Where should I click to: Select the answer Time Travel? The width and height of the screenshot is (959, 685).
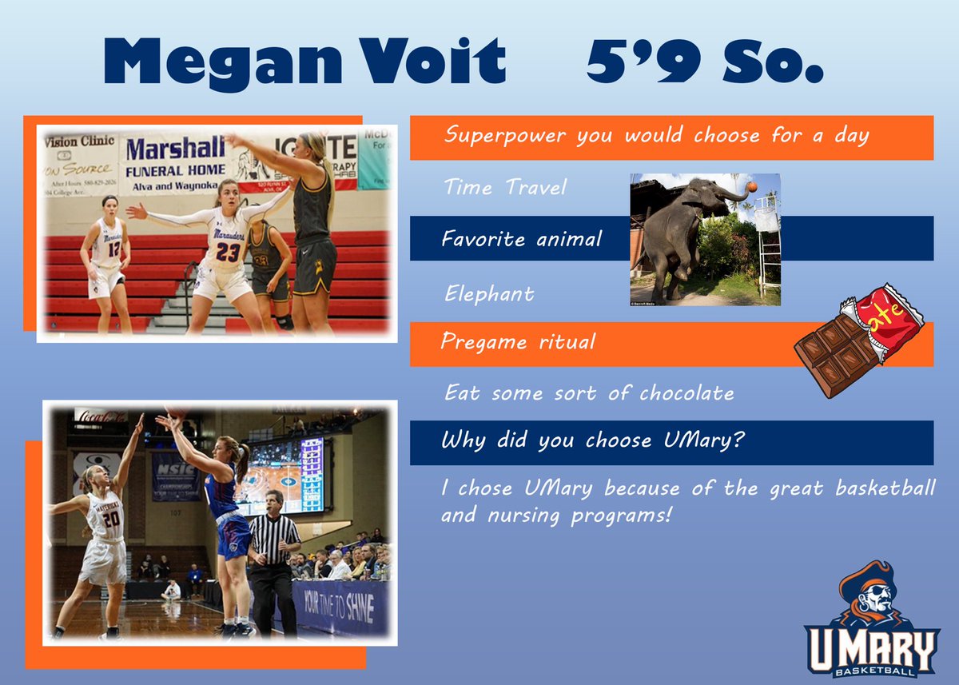pos(505,188)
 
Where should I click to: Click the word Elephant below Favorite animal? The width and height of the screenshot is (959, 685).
pos(489,293)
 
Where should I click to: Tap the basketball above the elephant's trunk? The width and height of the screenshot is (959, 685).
pos(752,187)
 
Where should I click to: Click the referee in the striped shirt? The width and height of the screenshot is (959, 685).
pos(274,552)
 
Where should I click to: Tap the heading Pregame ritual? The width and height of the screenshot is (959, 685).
pos(518,343)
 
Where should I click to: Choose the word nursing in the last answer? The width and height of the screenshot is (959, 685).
pos(525,516)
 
